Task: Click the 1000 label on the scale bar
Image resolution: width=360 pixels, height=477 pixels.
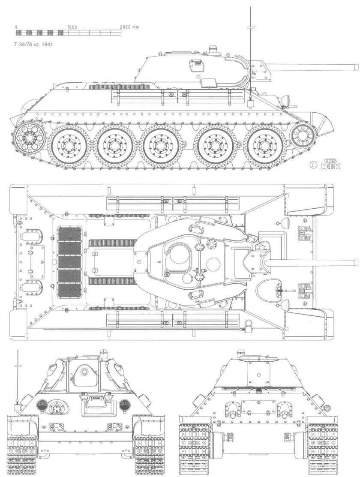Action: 72,27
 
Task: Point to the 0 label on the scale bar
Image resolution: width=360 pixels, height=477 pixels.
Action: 16,27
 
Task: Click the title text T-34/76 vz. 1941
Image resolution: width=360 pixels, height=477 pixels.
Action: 34,43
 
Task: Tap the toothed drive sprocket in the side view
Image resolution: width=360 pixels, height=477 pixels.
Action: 28,138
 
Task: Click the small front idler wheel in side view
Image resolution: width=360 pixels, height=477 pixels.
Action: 303,135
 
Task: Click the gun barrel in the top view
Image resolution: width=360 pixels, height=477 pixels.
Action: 313,262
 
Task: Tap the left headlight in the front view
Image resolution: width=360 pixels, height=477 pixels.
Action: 42,405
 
